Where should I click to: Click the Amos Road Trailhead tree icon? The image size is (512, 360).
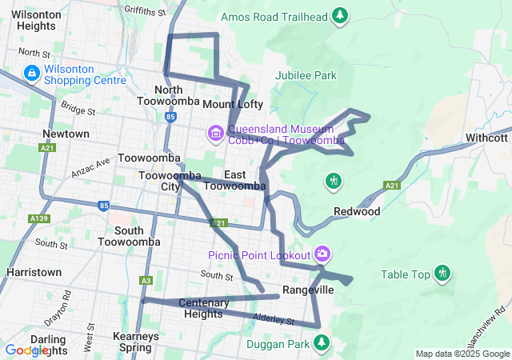(341, 15)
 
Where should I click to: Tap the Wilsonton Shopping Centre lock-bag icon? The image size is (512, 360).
(31, 74)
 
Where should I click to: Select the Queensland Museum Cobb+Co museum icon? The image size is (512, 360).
(215, 133)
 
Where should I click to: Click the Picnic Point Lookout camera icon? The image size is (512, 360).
(322, 254)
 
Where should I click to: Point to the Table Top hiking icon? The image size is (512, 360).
(442, 274)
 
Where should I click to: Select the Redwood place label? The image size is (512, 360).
(356, 212)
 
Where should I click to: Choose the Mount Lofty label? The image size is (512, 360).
(232, 105)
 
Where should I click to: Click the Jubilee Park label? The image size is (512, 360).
(306, 75)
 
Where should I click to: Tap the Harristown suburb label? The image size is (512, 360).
(34, 272)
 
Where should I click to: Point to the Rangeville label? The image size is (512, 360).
(308, 290)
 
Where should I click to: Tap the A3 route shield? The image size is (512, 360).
(146, 280)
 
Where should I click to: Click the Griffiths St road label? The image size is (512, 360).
(145, 12)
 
